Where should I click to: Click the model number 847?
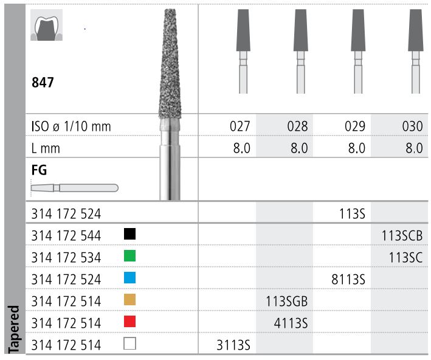(x=43, y=82)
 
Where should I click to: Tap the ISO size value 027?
(x=240, y=126)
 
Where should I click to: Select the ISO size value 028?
(x=297, y=126)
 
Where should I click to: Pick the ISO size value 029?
(x=354, y=126)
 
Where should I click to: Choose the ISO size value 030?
(x=412, y=126)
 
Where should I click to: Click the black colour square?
(x=129, y=234)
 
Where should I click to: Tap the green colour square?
(x=129, y=256)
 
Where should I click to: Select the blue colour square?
(x=129, y=278)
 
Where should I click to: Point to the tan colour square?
(x=129, y=300)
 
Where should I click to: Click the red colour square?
(x=129, y=322)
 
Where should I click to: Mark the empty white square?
(x=129, y=344)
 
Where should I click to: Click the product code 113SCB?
(x=401, y=235)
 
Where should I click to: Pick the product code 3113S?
(x=233, y=345)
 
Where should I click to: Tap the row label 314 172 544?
(x=66, y=235)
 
